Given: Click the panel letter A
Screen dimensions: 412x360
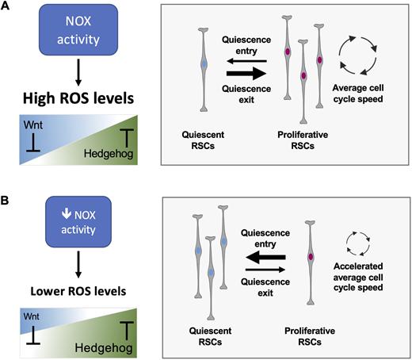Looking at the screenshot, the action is coord(5,6).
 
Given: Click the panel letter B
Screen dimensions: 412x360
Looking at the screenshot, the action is coord(5,201).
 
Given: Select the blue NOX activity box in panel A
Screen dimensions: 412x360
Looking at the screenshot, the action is coord(78,30).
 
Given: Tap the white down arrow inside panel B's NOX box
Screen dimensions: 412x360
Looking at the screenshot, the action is coord(67,214).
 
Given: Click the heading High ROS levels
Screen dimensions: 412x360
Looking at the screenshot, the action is coord(78,98).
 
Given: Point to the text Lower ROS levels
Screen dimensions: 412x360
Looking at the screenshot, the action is coord(78,291).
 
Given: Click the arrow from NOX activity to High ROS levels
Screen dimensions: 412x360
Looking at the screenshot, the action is coord(78,72).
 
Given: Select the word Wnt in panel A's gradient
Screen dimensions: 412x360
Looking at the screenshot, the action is coord(33,124).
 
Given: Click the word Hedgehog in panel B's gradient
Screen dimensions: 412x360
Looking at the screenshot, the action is coord(104,348).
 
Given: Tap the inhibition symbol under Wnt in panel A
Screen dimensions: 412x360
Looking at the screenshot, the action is coord(33,142).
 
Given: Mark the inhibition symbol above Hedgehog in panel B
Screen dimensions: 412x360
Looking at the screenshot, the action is coord(127,331).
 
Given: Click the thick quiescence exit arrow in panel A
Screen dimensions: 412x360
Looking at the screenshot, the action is coord(246,73).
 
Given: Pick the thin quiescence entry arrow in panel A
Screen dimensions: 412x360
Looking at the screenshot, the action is coord(247,61).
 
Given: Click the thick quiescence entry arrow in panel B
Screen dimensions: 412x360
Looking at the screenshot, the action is coord(265,257).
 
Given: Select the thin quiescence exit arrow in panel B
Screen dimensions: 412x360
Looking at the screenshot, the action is coord(265,270).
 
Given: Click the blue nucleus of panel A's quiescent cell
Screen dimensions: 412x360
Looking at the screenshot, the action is coord(204,64).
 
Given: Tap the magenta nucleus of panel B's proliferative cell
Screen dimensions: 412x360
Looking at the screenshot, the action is coord(311,257).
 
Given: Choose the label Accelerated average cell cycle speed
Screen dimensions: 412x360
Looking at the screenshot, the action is coord(358,277).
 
